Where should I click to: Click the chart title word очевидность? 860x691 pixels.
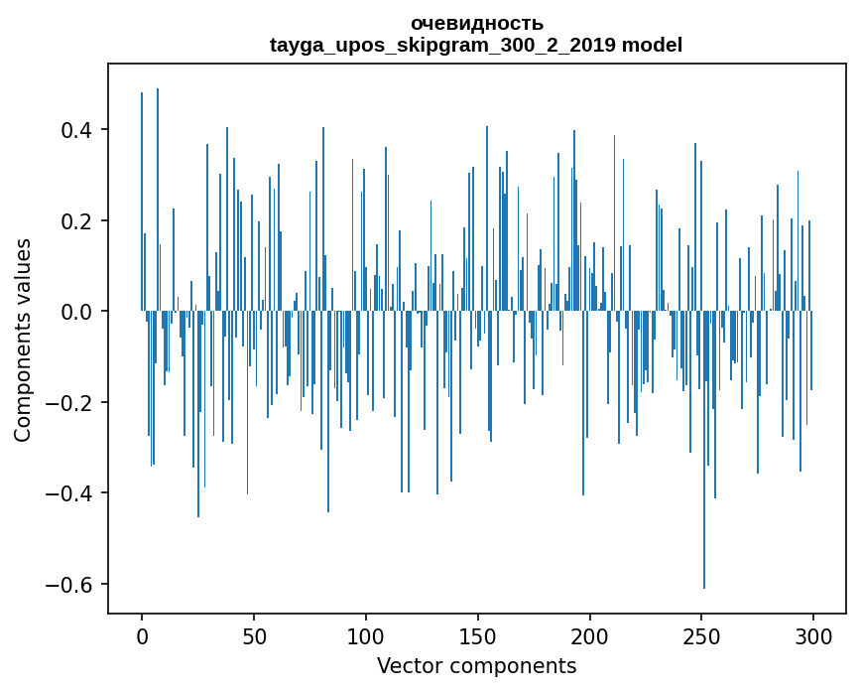coord(476,23)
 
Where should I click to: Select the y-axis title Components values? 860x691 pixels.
coord(23,340)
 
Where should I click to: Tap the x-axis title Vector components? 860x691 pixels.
coord(476,665)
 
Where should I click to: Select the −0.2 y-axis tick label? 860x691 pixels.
coord(73,402)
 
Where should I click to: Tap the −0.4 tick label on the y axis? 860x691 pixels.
coord(73,493)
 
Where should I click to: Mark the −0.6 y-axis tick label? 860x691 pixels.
coord(73,584)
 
